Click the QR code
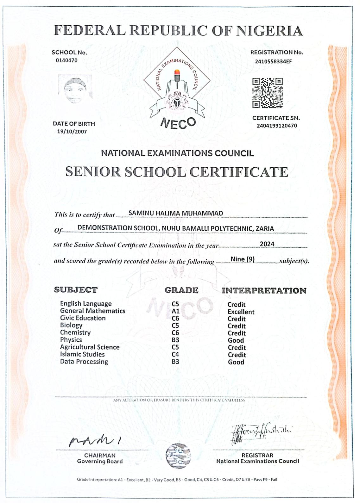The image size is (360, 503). click(267, 93)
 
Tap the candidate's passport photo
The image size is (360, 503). click(75, 90)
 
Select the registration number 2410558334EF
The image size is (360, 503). click(273, 61)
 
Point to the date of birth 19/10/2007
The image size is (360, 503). click(72, 132)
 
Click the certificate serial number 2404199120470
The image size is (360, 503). click(277, 126)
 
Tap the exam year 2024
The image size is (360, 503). click(267, 244)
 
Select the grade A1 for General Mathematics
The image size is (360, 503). click(175, 311)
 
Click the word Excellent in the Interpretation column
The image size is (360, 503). click(241, 312)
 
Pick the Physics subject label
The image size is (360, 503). click(71, 340)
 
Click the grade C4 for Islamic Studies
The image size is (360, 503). click(175, 355)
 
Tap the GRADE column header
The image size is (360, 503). click(181, 290)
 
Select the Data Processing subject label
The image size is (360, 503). click(84, 362)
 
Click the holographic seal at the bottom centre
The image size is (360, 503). click(179, 456)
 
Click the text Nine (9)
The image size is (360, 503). click(243, 259)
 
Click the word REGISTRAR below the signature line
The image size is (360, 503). click(257, 455)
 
